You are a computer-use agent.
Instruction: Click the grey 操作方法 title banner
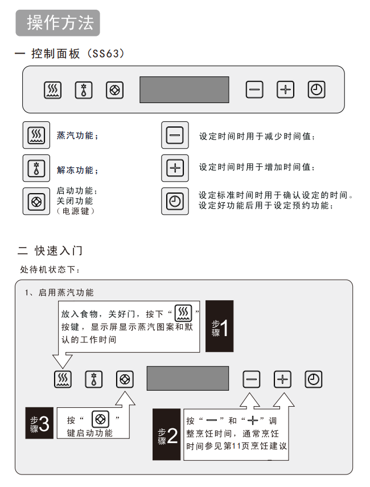click(x=57, y=23)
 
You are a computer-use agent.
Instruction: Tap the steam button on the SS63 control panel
click(x=52, y=90)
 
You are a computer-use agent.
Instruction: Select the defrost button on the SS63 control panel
click(x=84, y=90)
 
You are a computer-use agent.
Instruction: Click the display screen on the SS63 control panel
click(x=184, y=90)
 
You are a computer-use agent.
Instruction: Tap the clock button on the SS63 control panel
click(x=316, y=90)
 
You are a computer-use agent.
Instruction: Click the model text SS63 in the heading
click(x=106, y=54)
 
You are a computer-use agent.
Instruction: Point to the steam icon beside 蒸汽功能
click(x=36, y=135)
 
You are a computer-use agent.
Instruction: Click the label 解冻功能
click(x=75, y=170)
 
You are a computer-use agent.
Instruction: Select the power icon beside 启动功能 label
click(x=36, y=201)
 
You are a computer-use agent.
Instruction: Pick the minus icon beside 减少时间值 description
click(x=175, y=135)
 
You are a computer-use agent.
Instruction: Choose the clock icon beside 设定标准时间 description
click(x=175, y=201)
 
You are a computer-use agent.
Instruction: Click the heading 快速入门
click(x=59, y=250)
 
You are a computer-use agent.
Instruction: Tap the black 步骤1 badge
click(x=220, y=326)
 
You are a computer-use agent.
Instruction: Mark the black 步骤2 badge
click(x=166, y=434)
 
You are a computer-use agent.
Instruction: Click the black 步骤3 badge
click(x=39, y=423)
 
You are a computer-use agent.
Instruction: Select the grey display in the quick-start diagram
click(x=188, y=378)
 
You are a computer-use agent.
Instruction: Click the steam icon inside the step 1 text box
click(x=183, y=313)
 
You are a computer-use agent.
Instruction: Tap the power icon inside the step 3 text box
click(x=100, y=419)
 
